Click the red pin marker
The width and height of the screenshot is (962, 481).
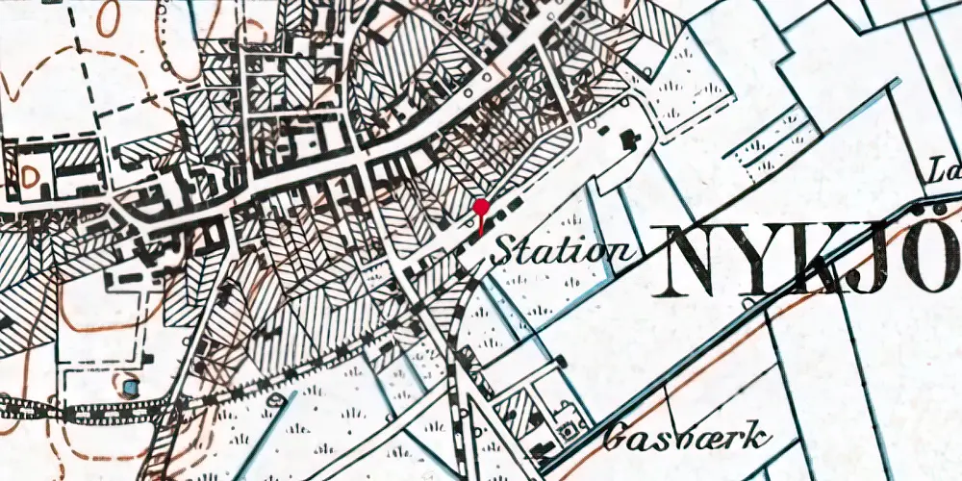tap(481, 208)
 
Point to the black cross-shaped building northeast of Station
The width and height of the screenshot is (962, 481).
tap(631, 141)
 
